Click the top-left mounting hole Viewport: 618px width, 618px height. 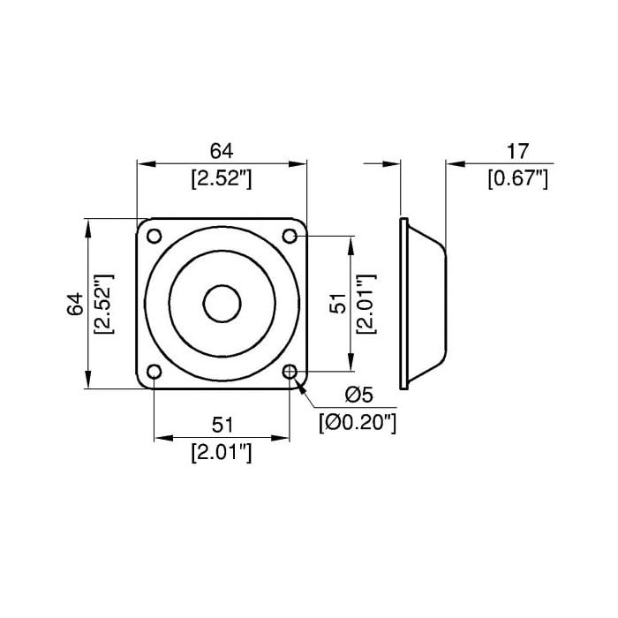[x=154, y=236]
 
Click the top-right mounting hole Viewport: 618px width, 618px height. [x=290, y=236]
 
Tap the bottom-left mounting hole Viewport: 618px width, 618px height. [x=154, y=372]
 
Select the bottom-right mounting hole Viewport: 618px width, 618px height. [x=290, y=372]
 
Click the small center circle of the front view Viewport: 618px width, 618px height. [x=222, y=304]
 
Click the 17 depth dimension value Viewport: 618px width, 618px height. [x=517, y=152]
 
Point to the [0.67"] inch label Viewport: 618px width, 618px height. [x=518, y=179]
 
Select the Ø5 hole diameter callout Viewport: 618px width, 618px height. [x=358, y=395]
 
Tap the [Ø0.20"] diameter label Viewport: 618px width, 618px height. [x=358, y=423]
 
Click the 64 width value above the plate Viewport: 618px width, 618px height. [x=222, y=151]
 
